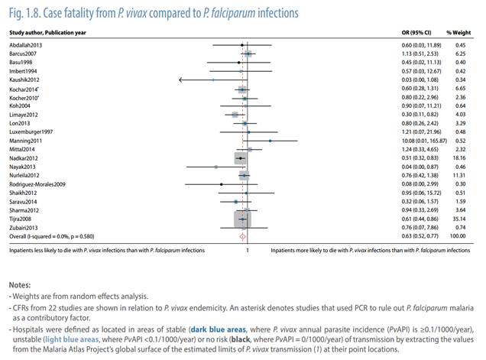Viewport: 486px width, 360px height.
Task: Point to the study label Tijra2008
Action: click(21, 219)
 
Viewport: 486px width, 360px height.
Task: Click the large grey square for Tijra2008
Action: click(242, 219)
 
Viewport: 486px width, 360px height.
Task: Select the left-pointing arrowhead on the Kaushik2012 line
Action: click(180, 79)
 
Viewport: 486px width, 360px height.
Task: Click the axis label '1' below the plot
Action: click(247, 249)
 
